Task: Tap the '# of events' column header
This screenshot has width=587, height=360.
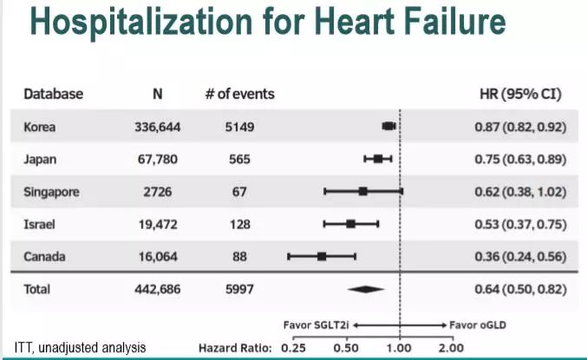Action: tap(239, 94)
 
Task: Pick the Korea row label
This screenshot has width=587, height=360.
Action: tap(40, 127)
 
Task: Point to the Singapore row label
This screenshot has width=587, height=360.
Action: tap(51, 192)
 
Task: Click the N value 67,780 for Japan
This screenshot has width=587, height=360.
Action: tap(157, 159)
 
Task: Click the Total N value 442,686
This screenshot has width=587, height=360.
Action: tap(157, 289)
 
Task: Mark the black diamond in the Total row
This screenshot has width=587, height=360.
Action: tap(364, 289)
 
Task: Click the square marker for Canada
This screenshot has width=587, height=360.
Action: tap(322, 257)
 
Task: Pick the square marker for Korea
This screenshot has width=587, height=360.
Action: tap(389, 127)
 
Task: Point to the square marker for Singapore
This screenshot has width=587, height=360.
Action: tap(362, 191)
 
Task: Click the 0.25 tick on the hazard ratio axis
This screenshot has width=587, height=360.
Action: tap(295, 348)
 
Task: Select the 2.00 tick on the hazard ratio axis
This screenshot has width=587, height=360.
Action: tap(451, 348)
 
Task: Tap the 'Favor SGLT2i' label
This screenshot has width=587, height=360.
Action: tap(317, 325)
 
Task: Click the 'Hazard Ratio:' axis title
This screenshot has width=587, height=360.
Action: tap(235, 348)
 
